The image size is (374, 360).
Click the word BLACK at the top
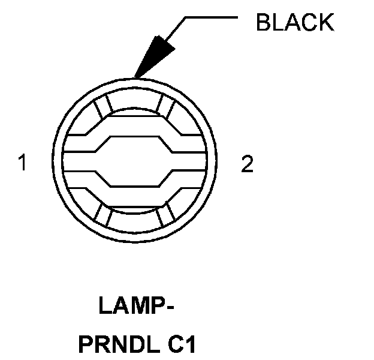click(294, 22)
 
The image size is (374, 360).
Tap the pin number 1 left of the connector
click(23, 163)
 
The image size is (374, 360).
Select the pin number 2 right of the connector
click(247, 164)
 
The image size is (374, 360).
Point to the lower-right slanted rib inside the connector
click(168, 216)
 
